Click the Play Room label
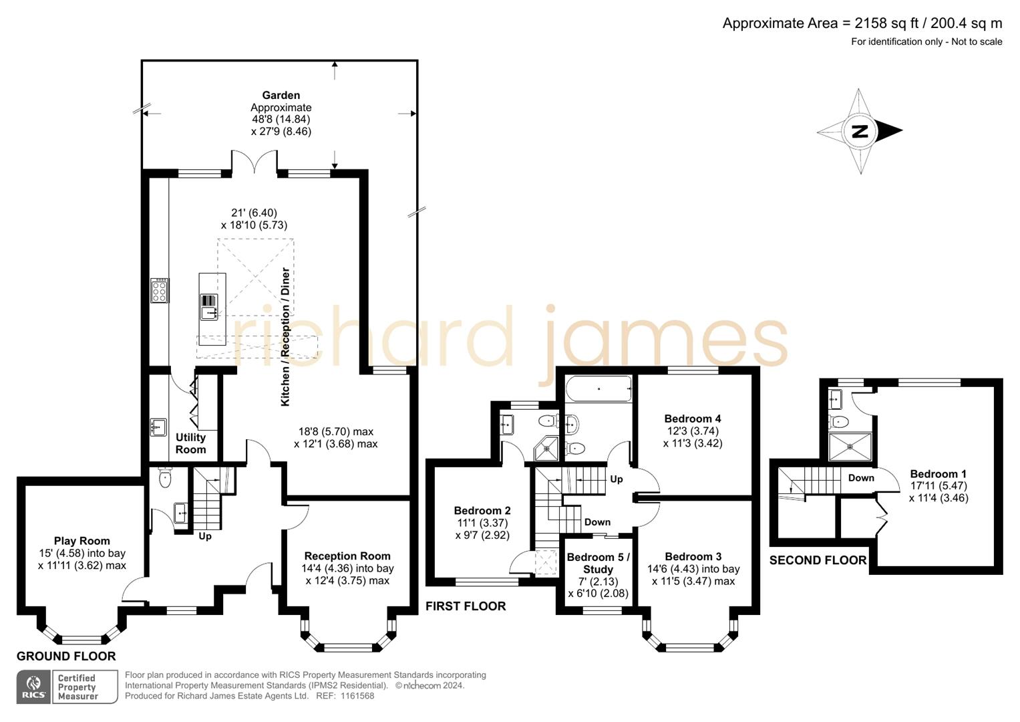point(81,541)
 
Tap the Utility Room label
point(190,443)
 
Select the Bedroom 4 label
point(693,418)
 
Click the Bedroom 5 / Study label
point(598,563)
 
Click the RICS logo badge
point(33,687)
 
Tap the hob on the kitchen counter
point(160,291)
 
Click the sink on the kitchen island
point(209,307)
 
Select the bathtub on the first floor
point(599,389)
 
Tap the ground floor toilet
point(165,479)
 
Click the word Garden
point(281,96)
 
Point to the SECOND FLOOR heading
point(818,560)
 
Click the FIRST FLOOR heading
point(466,606)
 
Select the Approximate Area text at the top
point(862,23)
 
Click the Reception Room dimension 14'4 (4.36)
point(347,568)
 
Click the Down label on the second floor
point(861,478)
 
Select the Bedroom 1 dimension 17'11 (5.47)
point(938,486)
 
